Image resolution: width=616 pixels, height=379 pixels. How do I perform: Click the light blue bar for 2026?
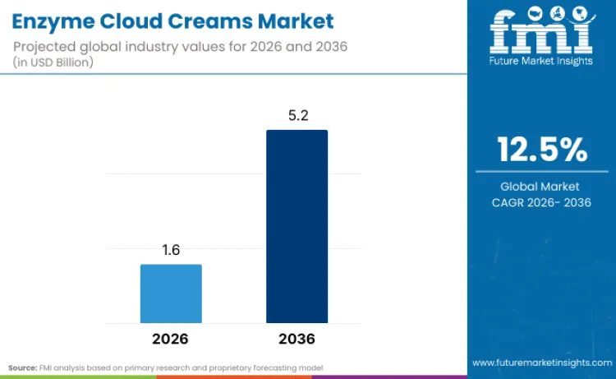tap(171, 293)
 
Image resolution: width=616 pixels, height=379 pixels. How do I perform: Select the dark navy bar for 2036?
tap(297, 226)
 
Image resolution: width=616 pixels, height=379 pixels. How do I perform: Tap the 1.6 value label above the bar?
tap(171, 251)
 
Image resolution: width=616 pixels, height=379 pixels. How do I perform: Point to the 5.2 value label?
tap(297, 116)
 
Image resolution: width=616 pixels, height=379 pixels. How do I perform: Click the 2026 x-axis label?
tap(171, 339)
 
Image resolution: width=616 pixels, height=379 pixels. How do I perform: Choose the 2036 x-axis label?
tap(297, 339)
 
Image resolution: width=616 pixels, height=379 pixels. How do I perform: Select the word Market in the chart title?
tap(297, 21)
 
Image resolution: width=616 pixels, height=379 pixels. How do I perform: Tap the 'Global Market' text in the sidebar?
tap(540, 187)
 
